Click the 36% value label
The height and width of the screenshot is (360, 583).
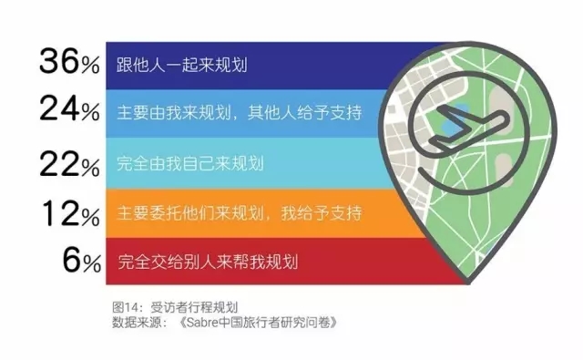coord(69,61)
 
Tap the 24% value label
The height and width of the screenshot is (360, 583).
coord(69,108)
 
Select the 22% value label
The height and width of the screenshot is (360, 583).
coord(69,164)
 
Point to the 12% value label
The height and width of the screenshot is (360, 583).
coord(71,214)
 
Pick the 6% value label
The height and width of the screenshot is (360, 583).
coord(82,261)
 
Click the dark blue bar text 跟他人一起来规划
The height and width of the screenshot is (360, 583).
coord(182,65)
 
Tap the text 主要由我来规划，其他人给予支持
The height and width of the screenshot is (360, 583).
coord(240,113)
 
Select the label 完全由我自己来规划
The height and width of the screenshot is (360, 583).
coord(190,163)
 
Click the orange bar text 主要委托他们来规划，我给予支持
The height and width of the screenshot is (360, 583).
coord(240,213)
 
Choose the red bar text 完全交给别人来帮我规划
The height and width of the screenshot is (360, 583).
coord(208,262)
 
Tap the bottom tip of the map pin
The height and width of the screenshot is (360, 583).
coord(468,283)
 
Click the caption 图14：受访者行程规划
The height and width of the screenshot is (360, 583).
coord(175,307)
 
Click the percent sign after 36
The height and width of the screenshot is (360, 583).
coord(91,66)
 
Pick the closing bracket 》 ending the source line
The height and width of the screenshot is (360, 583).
coord(333,322)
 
